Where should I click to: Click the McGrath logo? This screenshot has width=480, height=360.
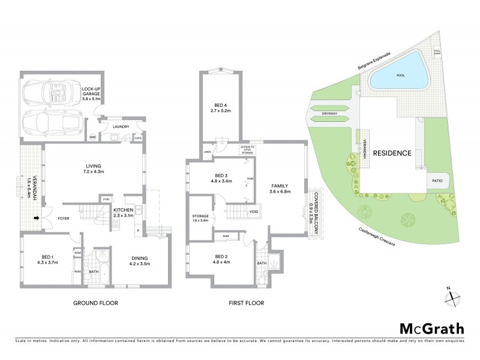point(432,328)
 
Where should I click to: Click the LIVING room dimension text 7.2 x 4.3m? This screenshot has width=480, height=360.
point(92,172)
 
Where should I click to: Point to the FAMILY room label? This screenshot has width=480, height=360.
point(280,187)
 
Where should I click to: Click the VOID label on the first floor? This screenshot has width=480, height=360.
point(254,211)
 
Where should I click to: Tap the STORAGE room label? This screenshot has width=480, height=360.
point(200,217)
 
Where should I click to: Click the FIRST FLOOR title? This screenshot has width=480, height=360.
point(246,303)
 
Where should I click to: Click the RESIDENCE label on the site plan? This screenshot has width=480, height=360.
point(392,153)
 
